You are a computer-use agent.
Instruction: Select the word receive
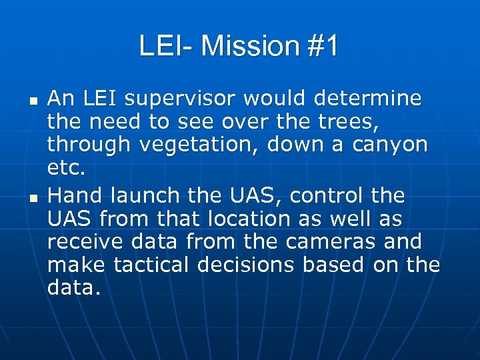[x=81, y=242]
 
